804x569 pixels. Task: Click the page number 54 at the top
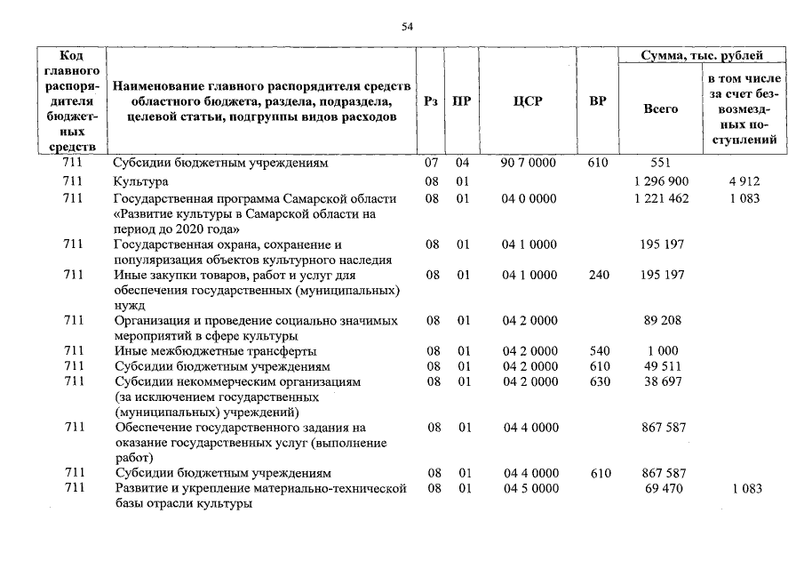tap(408, 27)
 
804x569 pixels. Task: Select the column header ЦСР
tap(528, 101)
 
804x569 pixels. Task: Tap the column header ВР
tap(598, 101)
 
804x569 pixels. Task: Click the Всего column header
tap(660, 108)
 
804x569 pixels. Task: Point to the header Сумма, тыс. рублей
tap(702, 55)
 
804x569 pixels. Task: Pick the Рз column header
tap(431, 101)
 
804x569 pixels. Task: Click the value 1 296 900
tap(662, 181)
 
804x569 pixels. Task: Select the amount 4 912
tap(744, 181)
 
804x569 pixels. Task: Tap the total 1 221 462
tap(662, 198)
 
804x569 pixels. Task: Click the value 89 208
tap(662, 320)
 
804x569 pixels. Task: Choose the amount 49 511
tap(662, 366)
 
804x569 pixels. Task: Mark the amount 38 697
tap(662, 381)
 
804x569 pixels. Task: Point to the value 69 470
tap(662, 489)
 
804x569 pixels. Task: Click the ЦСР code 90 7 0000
tap(529, 164)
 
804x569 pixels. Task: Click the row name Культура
tap(140, 181)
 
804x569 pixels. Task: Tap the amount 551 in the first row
tap(661, 164)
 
